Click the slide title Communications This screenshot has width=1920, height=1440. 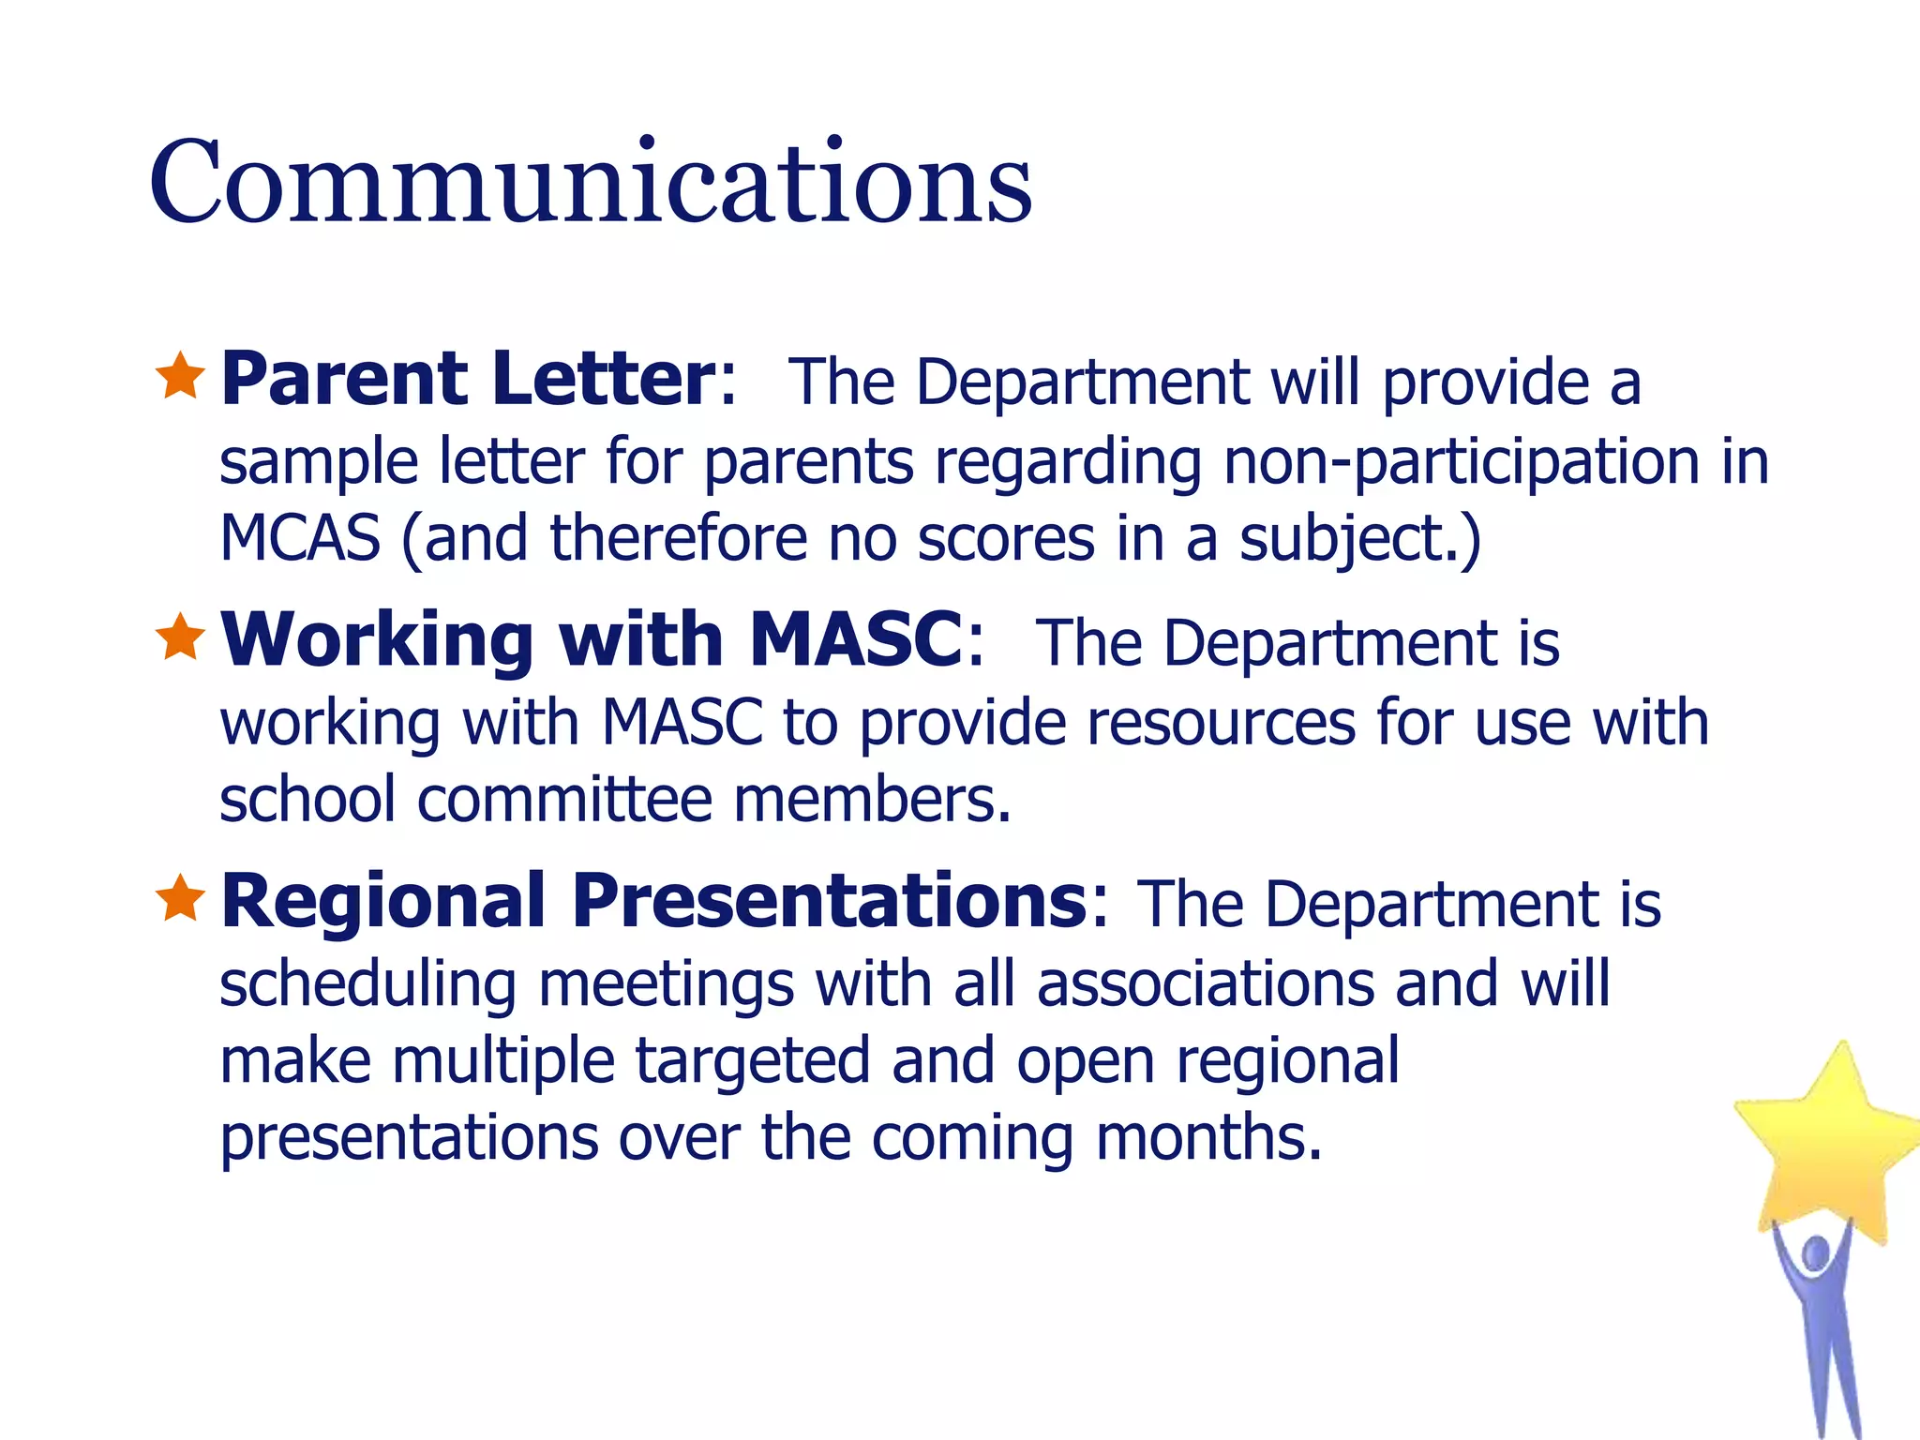coord(591,182)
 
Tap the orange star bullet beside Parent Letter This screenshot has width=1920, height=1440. coord(180,376)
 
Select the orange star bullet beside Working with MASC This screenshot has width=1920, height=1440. coord(180,637)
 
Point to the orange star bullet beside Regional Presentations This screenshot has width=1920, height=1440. coord(180,898)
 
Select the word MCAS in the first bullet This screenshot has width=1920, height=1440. coord(300,538)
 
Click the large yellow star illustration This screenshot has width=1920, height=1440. coord(1828,1144)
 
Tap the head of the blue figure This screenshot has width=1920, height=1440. coord(1816,1253)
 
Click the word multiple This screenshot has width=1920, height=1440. coord(502,1062)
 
